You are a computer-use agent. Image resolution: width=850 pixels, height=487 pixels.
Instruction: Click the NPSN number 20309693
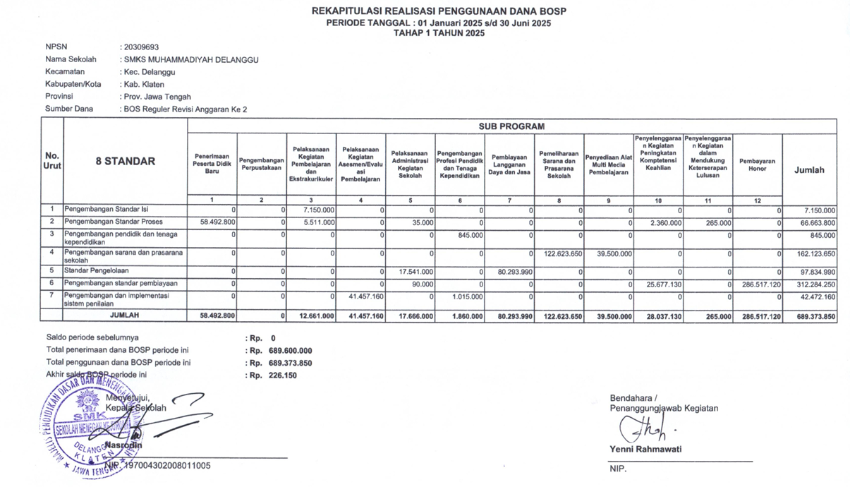coord(140,47)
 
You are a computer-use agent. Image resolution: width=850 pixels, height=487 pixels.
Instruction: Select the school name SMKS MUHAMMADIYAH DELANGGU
coord(190,60)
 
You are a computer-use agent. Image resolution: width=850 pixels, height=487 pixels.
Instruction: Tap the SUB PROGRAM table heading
coord(511,126)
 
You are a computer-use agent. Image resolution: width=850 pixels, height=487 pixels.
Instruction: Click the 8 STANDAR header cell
coord(125,162)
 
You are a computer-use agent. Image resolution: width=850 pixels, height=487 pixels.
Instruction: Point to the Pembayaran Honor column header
coord(757,165)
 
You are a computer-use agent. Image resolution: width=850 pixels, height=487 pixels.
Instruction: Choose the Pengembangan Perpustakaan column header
coord(262,165)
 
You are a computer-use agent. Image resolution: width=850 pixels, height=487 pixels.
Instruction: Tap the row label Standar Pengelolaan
coord(96,271)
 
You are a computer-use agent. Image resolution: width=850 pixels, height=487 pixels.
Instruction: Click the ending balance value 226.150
coord(283,375)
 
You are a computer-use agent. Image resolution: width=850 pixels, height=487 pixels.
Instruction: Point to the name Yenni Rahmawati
coord(645,450)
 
